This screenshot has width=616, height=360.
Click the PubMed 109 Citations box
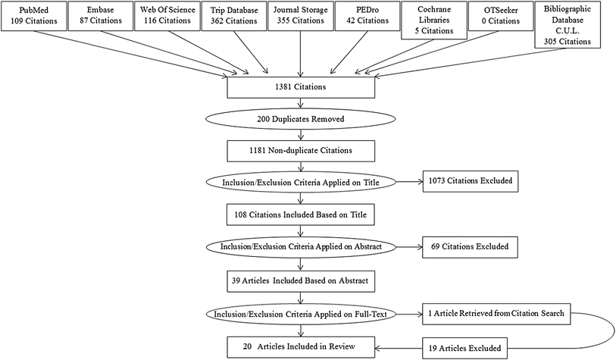click(32, 16)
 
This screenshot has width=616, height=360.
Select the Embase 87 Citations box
click(98, 16)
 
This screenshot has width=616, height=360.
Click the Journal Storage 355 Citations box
click(301, 16)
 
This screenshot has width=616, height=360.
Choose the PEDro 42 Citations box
click(367, 16)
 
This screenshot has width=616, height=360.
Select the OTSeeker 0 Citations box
click(501, 16)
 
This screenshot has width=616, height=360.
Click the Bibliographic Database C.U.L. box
click(571, 24)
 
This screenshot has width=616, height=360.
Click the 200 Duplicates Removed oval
click(302, 120)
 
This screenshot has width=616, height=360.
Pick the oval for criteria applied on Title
click(302, 183)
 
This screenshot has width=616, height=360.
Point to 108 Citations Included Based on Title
click(302, 214)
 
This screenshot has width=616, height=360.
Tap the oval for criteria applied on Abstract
click(302, 246)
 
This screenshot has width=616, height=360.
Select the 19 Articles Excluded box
click(474, 347)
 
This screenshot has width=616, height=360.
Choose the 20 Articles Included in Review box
click(302, 346)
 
